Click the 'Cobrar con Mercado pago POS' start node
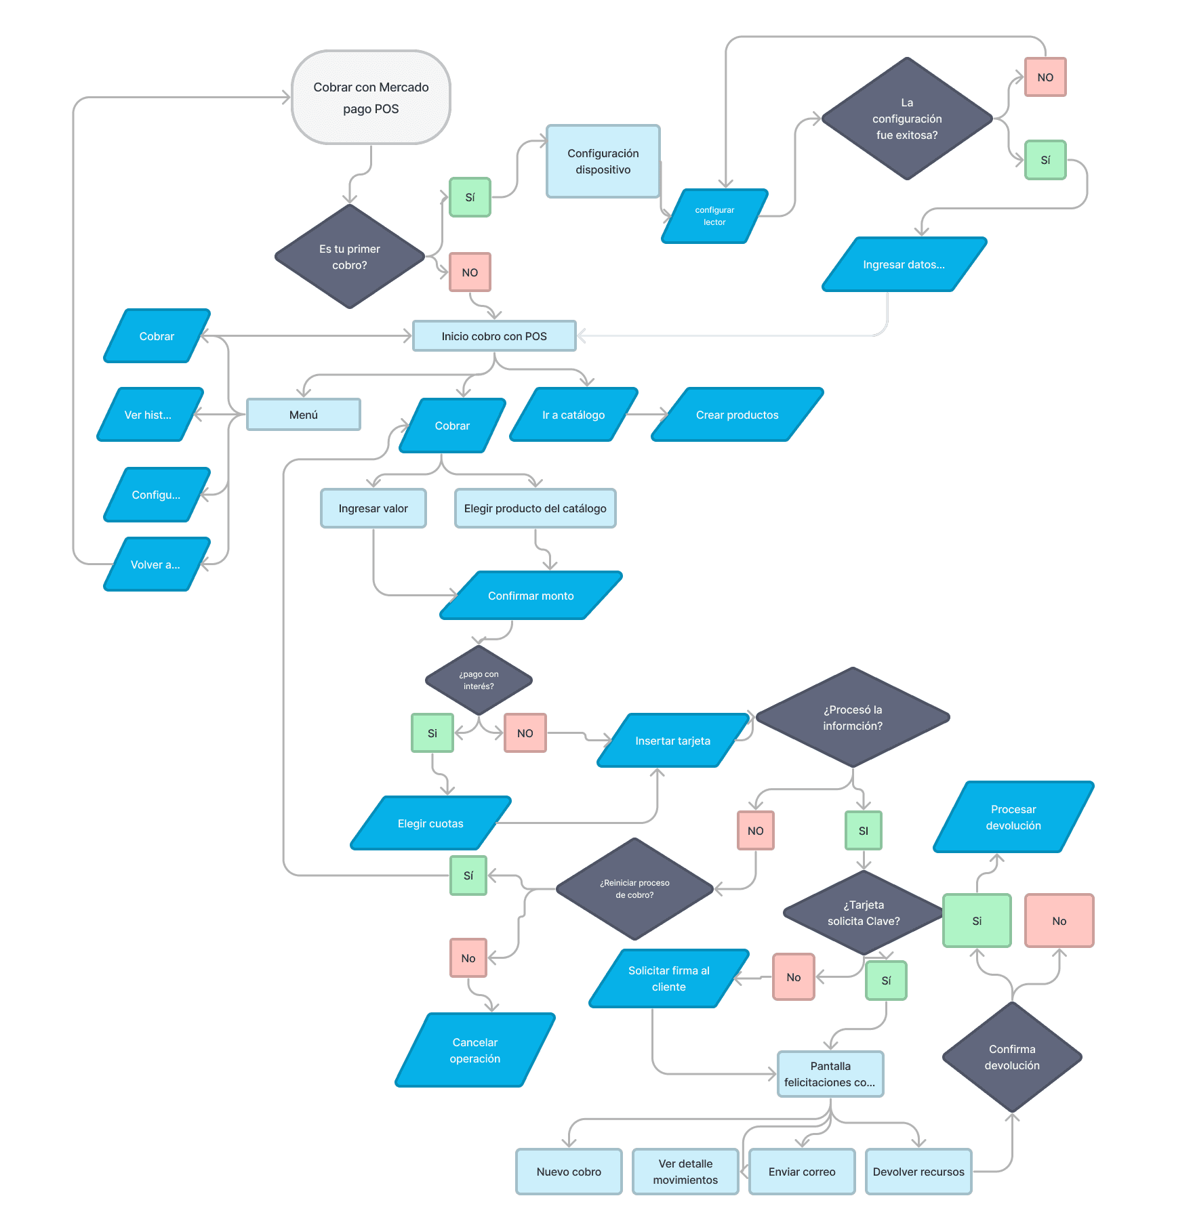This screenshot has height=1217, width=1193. tap(371, 98)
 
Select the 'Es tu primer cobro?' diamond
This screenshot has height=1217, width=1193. tap(350, 257)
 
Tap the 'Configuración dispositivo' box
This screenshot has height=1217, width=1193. tap(603, 161)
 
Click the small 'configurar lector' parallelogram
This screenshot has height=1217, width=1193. tap(714, 216)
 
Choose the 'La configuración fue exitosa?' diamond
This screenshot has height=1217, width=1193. tap(907, 119)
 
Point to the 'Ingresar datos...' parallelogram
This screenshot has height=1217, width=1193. tap(904, 264)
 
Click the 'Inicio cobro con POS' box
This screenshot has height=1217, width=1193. tap(494, 336)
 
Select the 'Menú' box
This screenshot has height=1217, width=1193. tap(304, 415)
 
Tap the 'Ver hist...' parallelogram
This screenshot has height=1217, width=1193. tap(150, 415)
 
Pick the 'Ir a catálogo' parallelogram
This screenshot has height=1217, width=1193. tap(573, 415)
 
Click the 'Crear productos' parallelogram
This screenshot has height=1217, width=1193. tap(737, 415)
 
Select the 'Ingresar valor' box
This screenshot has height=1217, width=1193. tap(373, 508)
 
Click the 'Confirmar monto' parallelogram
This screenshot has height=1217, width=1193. tap(531, 596)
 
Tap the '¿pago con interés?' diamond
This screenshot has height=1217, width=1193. tap(479, 680)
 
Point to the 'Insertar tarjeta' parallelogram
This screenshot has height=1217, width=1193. tap(673, 741)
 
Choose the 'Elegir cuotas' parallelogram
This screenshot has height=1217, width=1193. tap(430, 823)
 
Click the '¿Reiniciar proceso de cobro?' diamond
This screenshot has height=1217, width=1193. tap(634, 889)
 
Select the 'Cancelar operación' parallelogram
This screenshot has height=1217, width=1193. tap(475, 1050)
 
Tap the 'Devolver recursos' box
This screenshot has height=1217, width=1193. tap(918, 1172)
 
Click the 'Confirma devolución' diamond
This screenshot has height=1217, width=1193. tap(1012, 1057)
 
